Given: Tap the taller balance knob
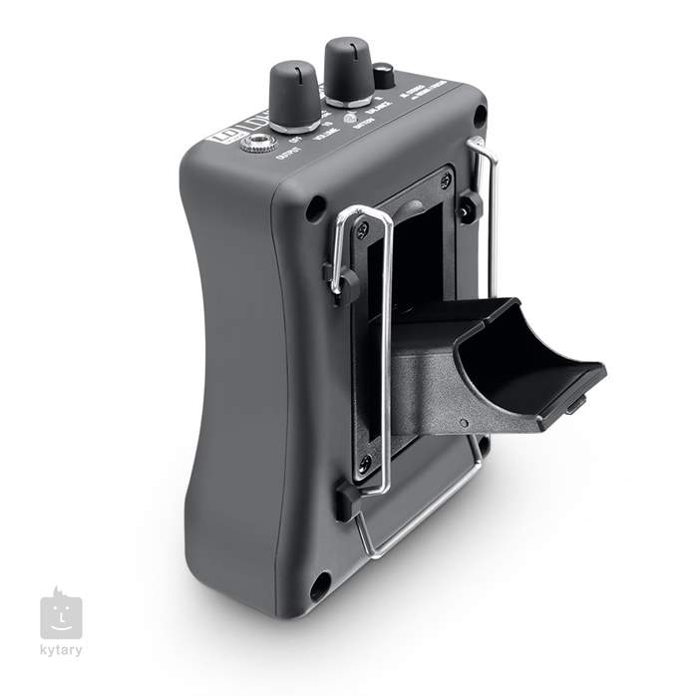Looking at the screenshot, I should click(x=349, y=68).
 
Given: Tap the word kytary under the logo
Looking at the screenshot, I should click(x=61, y=651).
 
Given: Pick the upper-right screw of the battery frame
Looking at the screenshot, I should click(x=446, y=180).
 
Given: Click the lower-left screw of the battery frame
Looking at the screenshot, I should click(x=365, y=462).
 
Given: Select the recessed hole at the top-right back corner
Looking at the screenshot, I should click(x=480, y=117).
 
